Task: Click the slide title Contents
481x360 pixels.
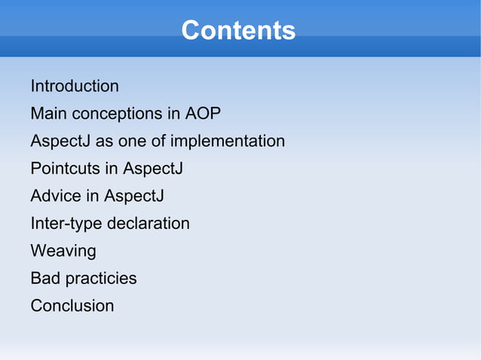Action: (238, 31)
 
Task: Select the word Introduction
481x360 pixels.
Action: (75, 86)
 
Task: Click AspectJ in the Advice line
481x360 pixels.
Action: (133, 196)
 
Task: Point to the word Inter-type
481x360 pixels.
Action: (66, 224)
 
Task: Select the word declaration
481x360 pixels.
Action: (149, 224)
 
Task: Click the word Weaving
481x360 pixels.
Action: (63, 251)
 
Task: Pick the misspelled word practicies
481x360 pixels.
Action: (101, 279)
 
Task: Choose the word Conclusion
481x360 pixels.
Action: (72, 306)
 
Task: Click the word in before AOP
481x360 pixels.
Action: (173, 114)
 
